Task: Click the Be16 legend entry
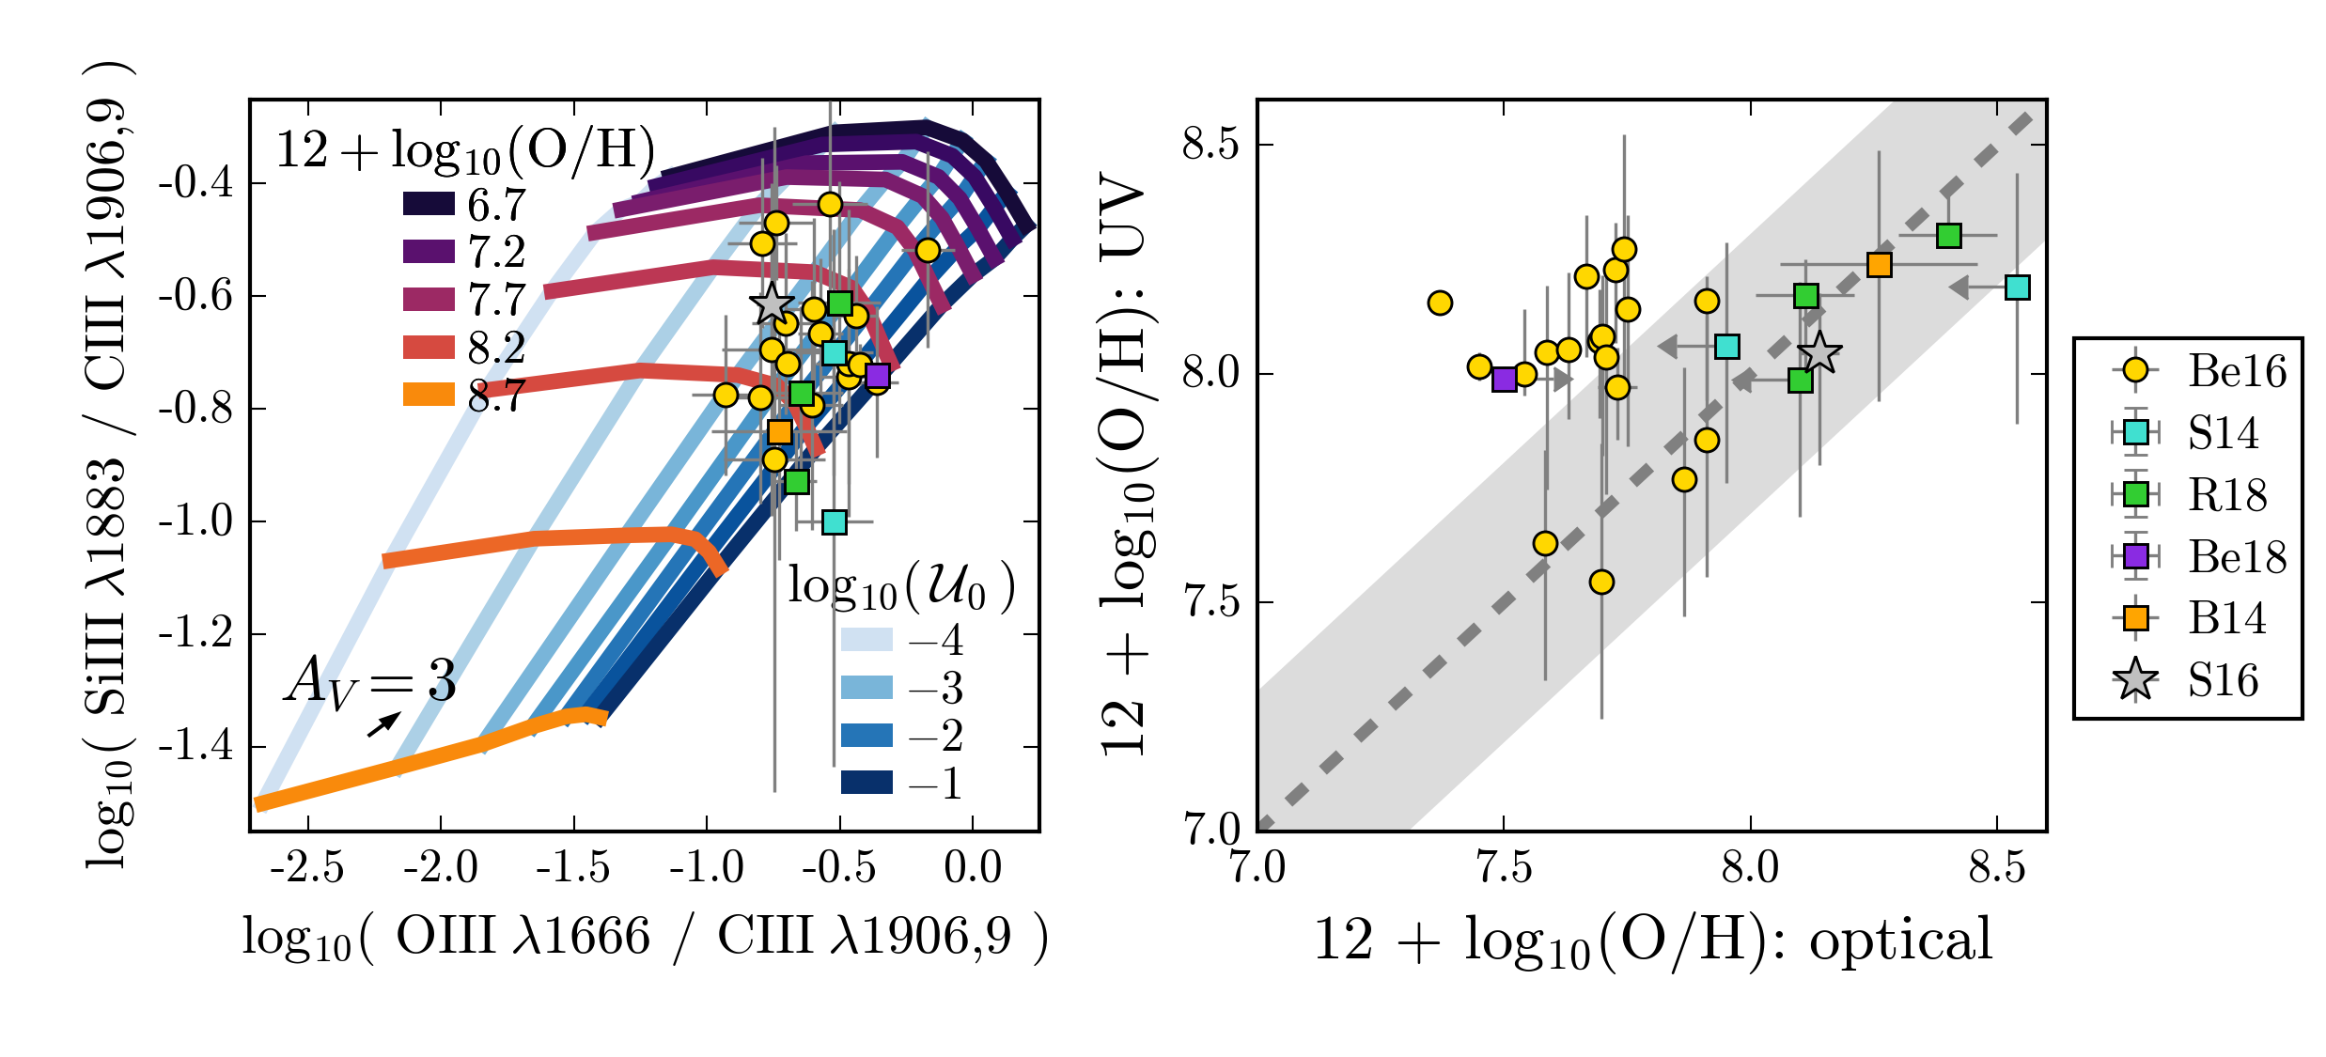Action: point(2199,371)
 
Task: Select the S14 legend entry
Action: point(2199,433)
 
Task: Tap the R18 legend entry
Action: point(2199,495)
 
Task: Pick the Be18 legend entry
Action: point(2199,557)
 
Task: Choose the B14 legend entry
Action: point(2199,618)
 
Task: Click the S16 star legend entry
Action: point(2199,680)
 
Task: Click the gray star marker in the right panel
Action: point(1819,353)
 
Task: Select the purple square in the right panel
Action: point(1504,380)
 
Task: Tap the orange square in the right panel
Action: point(1879,265)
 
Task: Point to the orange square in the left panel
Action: point(779,432)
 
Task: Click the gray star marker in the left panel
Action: point(772,304)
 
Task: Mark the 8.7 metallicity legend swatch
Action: point(429,395)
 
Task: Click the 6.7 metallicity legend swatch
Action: point(429,204)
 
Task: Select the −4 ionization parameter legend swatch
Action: point(866,640)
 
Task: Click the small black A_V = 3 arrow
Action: point(383,724)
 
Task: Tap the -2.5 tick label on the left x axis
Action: point(306,867)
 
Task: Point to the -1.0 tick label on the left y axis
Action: point(195,521)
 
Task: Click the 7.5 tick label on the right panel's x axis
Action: point(1504,867)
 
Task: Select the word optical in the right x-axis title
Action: point(1900,939)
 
